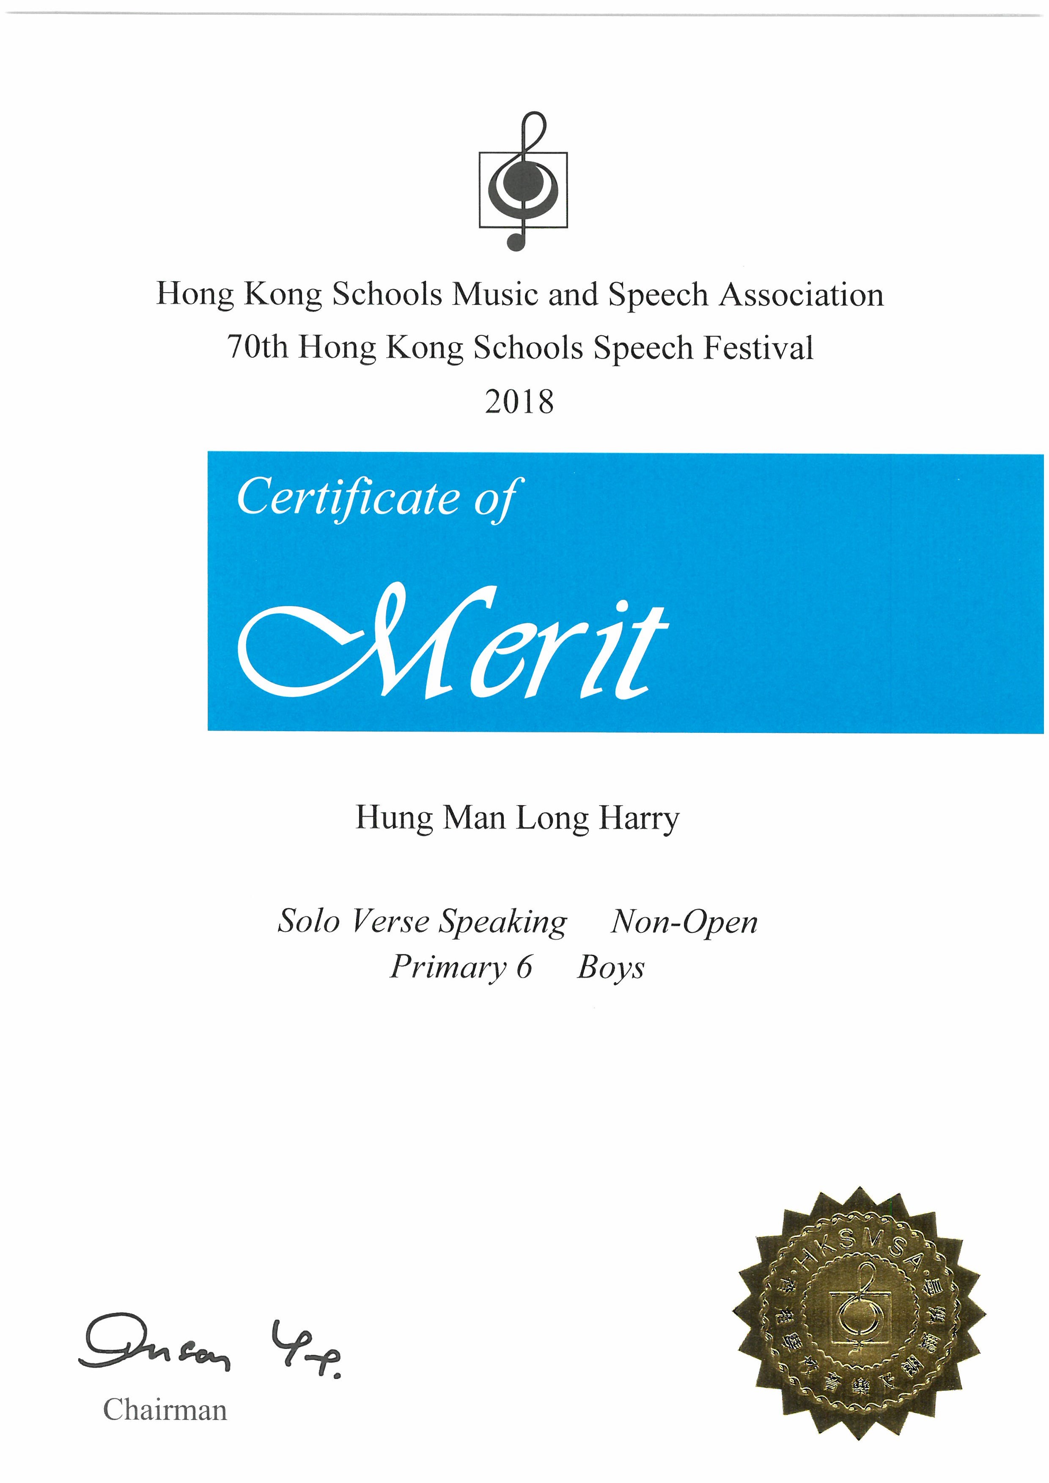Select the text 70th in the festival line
click(x=257, y=348)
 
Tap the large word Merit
click(x=452, y=643)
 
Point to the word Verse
click(x=390, y=921)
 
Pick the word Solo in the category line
click(x=309, y=921)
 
